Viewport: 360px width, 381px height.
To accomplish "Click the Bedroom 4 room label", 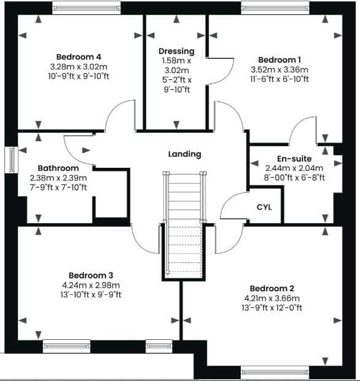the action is pos(79,57).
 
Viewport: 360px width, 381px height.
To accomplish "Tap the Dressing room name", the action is pos(176,51).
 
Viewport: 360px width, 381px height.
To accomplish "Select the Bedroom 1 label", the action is pos(280,60).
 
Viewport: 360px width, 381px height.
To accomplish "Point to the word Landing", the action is pos(185,154).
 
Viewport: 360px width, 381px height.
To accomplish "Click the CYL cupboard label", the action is pos(264,207).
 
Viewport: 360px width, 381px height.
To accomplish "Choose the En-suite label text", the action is pos(294,159).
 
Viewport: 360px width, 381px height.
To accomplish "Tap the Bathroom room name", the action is pos(58,168).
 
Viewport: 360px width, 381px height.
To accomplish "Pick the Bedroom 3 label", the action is pos(91,275).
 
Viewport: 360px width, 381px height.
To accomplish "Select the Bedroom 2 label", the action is pos(272,288).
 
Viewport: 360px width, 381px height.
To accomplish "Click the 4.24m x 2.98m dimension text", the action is pos(91,285).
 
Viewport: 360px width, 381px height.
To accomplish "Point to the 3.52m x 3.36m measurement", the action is pos(280,69).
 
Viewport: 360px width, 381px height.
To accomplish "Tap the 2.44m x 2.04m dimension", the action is pos(294,168).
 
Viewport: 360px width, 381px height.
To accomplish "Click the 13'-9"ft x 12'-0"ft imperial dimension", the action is pos(272,308).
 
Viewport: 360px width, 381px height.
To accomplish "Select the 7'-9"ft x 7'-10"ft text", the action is pos(58,187).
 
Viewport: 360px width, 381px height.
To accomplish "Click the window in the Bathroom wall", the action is pos(12,160).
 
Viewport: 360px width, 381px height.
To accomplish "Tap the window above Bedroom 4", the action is pos(87,7).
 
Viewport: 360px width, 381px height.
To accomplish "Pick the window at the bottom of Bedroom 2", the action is pos(275,372).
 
